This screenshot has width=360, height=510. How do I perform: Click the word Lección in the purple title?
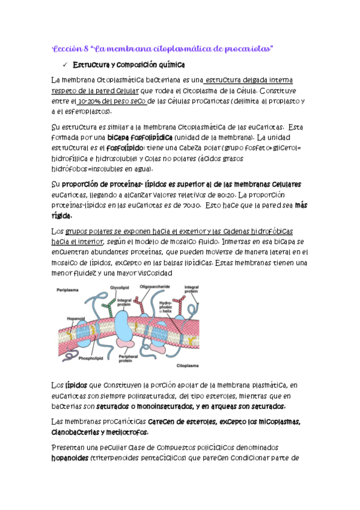[x=64, y=48]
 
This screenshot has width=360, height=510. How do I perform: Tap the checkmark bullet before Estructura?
[x=63, y=64]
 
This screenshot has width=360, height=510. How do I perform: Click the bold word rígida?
[x=62, y=216]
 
